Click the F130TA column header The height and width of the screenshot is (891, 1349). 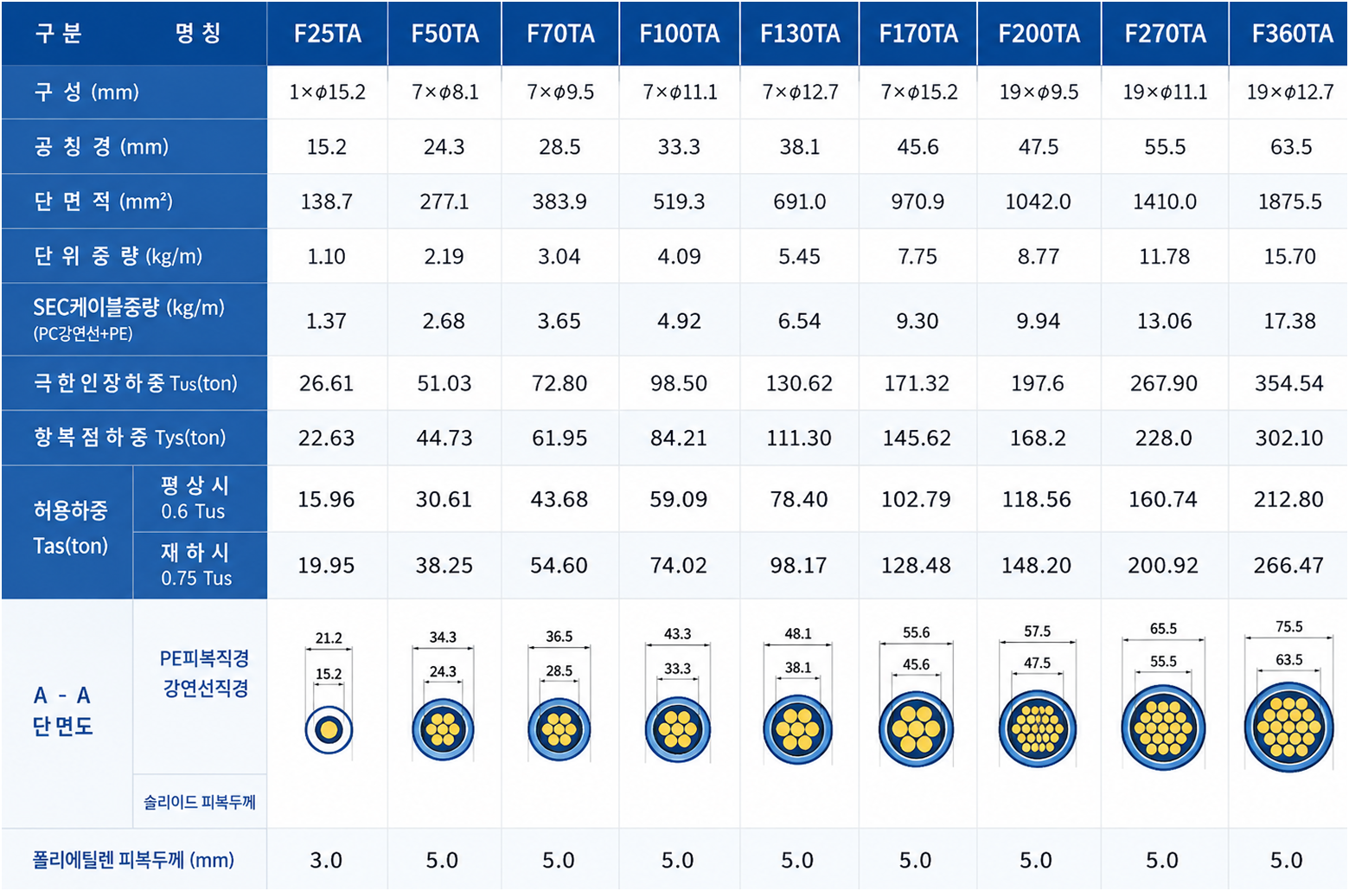tap(799, 34)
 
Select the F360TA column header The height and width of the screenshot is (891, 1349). tap(1292, 34)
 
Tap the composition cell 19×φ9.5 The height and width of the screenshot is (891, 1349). tap(1039, 93)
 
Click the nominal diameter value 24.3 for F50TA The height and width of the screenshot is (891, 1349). tap(444, 147)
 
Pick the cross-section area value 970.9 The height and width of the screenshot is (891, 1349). tap(917, 202)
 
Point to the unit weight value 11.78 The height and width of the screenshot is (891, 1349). tap(1164, 257)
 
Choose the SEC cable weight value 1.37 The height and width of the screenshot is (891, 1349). tap(326, 320)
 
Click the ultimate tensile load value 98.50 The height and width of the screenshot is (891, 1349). tap(679, 383)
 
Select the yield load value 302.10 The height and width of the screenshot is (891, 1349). tap(1288, 438)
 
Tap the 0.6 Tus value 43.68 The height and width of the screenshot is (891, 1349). tap(559, 499)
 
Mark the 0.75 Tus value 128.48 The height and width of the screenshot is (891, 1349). tap(916, 565)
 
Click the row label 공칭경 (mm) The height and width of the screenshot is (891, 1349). tap(101, 147)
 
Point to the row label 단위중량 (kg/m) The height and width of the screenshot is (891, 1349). tap(118, 257)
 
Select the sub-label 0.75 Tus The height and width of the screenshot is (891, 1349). tap(196, 579)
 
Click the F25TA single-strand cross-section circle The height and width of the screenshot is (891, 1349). tap(329, 730)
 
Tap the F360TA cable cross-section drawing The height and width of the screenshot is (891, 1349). tap(1288, 728)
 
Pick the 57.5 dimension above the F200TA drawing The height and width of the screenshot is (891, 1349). tap(1037, 631)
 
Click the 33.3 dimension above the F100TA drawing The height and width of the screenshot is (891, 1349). tap(677, 669)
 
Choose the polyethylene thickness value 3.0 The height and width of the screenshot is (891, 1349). tap(326, 860)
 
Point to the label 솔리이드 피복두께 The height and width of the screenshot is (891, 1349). tap(200, 803)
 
